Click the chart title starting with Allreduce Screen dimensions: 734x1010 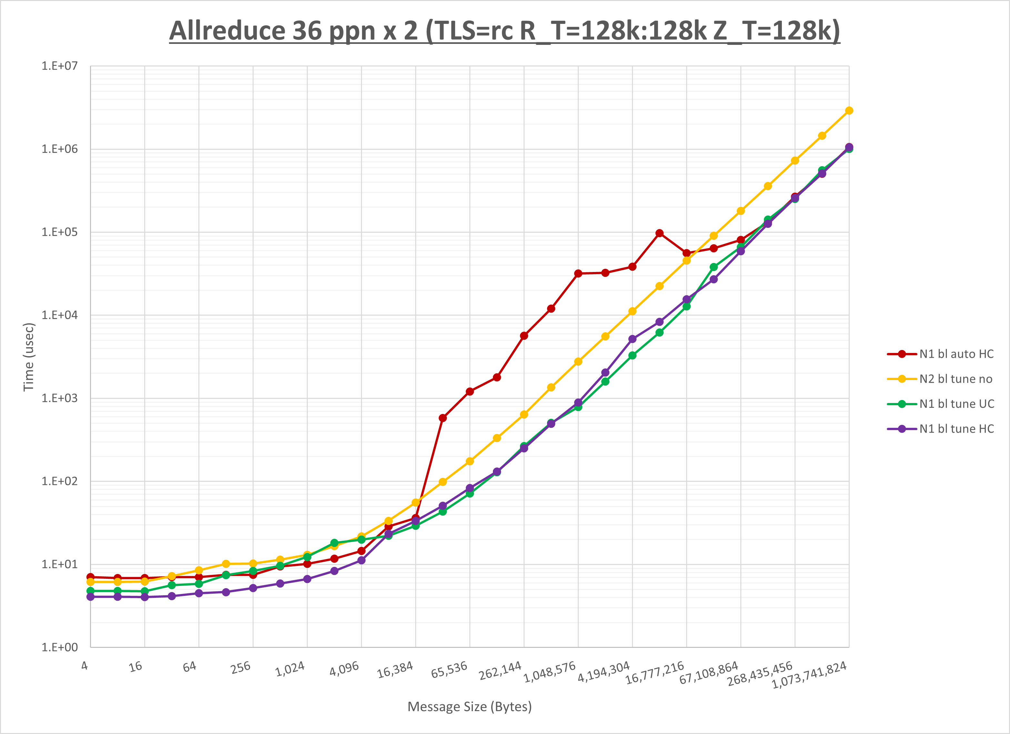(504, 31)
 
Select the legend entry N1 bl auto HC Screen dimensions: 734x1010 (956, 354)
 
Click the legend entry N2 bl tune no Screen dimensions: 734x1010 (956, 379)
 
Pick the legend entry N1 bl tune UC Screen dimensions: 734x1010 (956, 404)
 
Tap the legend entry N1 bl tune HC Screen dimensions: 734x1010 (956, 429)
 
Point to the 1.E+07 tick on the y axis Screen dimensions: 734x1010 (59, 66)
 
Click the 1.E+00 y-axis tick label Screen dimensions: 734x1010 (59, 648)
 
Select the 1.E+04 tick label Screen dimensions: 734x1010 (59, 315)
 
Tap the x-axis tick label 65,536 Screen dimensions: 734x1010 (449, 669)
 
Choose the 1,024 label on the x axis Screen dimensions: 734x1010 (290, 669)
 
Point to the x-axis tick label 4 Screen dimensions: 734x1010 (85, 666)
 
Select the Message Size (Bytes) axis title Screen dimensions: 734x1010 (469, 707)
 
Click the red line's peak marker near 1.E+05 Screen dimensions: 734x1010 (660, 233)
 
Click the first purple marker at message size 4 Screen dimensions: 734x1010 (90, 597)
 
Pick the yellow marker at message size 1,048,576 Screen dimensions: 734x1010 (578, 362)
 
